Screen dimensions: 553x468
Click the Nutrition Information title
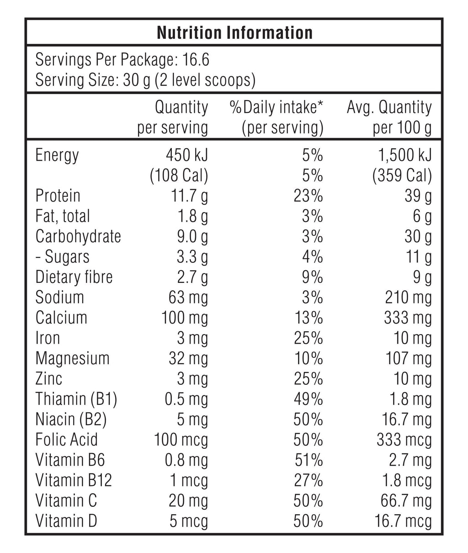coord(234,32)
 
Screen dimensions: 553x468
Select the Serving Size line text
coord(145,80)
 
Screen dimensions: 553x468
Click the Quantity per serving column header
coord(173,117)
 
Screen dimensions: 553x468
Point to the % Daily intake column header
coord(277,117)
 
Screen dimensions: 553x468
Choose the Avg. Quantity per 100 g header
coord(389,117)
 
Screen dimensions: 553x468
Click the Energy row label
coord(57,155)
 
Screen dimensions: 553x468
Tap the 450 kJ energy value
coord(186,155)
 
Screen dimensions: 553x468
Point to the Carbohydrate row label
coord(78,236)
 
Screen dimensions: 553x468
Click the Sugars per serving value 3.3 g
coord(192,257)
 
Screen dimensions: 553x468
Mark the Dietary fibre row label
coord(74,277)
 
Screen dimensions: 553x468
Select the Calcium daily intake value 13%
coord(308,318)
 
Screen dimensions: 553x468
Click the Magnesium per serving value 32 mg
coord(188,358)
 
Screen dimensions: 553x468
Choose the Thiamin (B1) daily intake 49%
coord(308,399)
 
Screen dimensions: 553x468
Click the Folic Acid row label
coord(67,440)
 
